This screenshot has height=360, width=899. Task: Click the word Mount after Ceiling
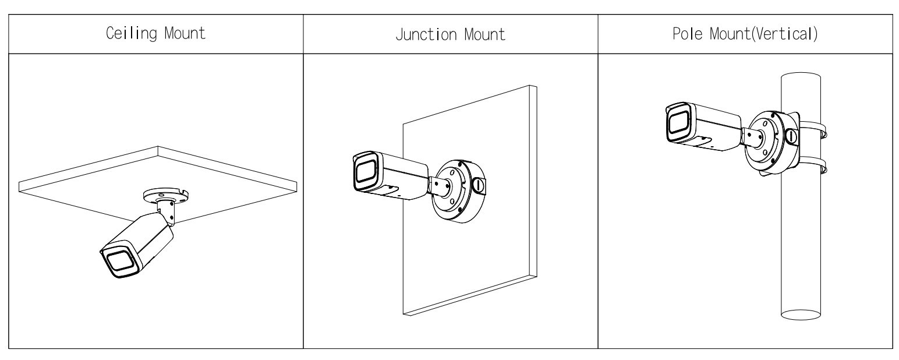(x=185, y=33)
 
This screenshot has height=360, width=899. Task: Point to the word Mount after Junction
(x=484, y=34)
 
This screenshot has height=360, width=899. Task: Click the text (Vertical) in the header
(x=784, y=34)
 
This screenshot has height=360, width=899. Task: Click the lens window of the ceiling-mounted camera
(x=120, y=262)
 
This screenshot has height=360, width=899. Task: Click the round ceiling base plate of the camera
(x=166, y=196)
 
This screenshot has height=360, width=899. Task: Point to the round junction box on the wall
(x=458, y=191)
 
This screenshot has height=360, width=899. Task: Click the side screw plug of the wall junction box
(x=479, y=185)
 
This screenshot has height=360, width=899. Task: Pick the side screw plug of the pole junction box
(x=791, y=136)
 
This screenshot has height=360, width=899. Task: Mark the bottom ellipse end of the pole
(x=801, y=314)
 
